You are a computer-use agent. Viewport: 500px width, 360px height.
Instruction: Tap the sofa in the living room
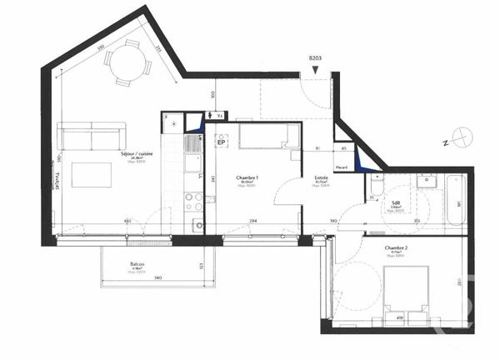coord(91,136)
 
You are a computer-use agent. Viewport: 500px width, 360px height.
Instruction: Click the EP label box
coord(222,142)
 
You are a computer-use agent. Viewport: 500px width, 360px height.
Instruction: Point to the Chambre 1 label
coord(247,178)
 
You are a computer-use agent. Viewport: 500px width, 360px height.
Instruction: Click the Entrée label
coord(321,177)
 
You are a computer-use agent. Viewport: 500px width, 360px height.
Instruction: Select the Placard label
coord(341,167)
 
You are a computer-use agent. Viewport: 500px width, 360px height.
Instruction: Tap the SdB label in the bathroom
coord(397,202)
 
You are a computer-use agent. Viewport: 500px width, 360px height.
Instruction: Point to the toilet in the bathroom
coord(376,185)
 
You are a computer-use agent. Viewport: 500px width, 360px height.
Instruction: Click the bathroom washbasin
coord(430,181)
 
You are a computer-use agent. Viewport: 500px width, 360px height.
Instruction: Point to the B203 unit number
coord(315,59)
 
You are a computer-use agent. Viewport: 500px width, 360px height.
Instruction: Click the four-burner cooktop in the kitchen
coord(193,201)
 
